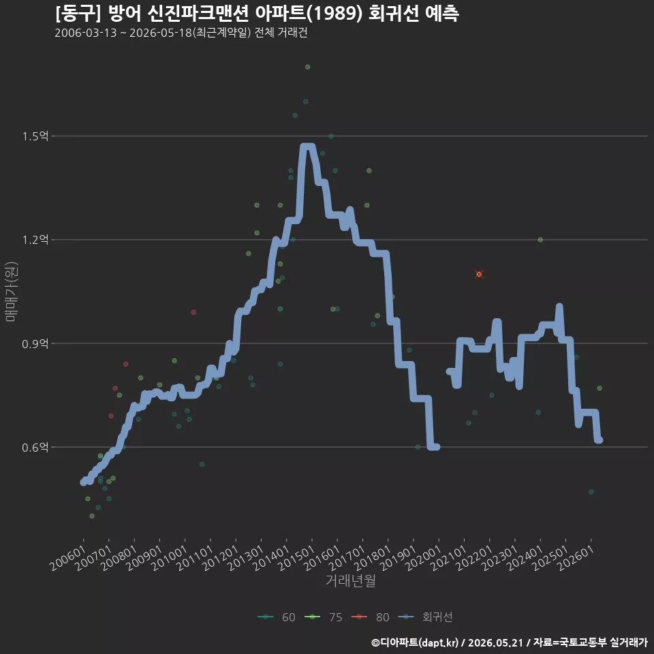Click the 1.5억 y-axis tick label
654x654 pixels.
click(35, 136)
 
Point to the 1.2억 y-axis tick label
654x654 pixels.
click(35, 239)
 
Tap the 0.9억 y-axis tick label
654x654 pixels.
click(35, 343)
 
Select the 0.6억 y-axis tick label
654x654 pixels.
click(35, 447)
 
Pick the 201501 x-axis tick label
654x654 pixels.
click(296, 557)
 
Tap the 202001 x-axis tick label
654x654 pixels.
click(423, 557)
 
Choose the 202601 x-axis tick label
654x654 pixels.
click(576, 557)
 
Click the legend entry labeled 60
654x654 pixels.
click(277, 617)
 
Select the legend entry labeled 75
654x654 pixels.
click(324, 617)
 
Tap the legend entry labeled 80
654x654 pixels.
click(371, 617)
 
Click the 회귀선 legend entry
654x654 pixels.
click(425, 617)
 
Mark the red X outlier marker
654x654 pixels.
click(479, 274)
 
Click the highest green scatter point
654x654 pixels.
click(307, 67)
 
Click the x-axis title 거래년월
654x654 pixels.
click(350, 580)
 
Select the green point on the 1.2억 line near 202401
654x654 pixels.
click(540, 239)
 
